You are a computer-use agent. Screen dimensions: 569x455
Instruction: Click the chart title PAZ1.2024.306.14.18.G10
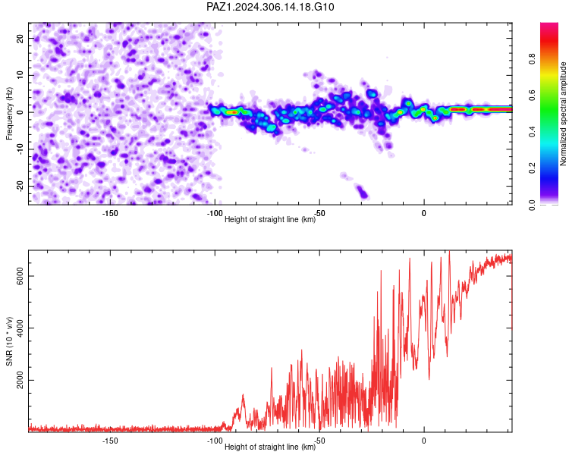(270, 7)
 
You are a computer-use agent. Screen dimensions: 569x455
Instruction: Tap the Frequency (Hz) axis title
(9, 114)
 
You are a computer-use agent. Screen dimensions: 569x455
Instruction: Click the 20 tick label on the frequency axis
(20, 39)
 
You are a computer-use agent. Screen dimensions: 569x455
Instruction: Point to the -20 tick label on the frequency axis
(20, 187)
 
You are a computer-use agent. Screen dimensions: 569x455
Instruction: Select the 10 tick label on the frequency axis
(20, 75)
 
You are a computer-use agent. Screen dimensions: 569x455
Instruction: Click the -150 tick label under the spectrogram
(110, 213)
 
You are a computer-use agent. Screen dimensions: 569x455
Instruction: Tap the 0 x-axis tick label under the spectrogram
(423, 213)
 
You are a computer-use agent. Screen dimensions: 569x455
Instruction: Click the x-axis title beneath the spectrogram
(270, 219)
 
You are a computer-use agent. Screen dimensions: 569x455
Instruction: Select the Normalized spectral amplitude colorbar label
(563, 114)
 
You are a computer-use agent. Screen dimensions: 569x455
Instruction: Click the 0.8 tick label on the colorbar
(532, 58)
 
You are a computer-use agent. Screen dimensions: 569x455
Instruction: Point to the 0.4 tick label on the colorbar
(532, 132)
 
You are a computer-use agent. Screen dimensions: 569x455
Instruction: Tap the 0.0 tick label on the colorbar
(532, 205)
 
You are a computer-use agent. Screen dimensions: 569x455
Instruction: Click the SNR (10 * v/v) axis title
(9, 341)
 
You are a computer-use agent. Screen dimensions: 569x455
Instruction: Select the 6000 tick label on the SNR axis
(20, 276)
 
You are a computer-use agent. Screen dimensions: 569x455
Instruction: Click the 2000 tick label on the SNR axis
(20, 380)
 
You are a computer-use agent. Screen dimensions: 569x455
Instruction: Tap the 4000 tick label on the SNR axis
(20, 328)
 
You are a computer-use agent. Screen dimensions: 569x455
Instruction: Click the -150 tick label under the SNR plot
(110, 441)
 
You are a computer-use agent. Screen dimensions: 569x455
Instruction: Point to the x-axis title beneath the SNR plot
(270, 447)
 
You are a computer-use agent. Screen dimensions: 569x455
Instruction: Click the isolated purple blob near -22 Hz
(362, 192)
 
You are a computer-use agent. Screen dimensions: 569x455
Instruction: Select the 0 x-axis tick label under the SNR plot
(423, 441)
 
